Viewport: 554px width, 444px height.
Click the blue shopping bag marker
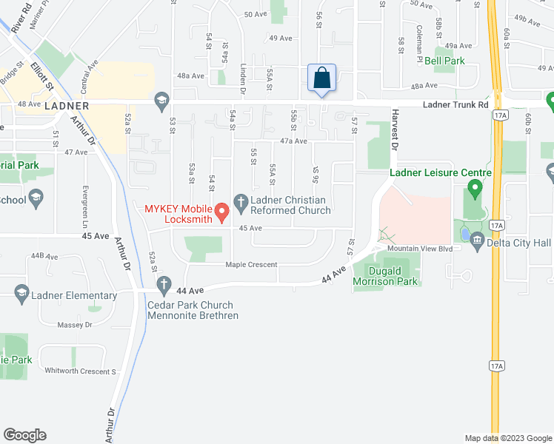[x=322, y=78]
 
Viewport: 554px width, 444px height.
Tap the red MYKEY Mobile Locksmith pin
[x=221, y=213]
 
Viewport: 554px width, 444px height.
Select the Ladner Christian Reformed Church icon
[x=241, y=201]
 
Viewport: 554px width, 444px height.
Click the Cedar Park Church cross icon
[x=163, y=284]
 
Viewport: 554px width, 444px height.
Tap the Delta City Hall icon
[x=477, y=240]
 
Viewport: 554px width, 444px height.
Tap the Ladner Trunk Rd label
[x=455, y=104]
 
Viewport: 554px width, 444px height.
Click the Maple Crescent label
[x=252, y=264]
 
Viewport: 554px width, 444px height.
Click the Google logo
[x=24, y=435]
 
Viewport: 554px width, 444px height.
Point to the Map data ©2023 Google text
[x=507, y=438]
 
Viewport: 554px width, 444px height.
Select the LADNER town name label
[x=67, y=106]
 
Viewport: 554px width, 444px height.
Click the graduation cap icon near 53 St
[x=161, y=101]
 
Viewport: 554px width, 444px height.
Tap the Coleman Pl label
[x=419, y=34]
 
